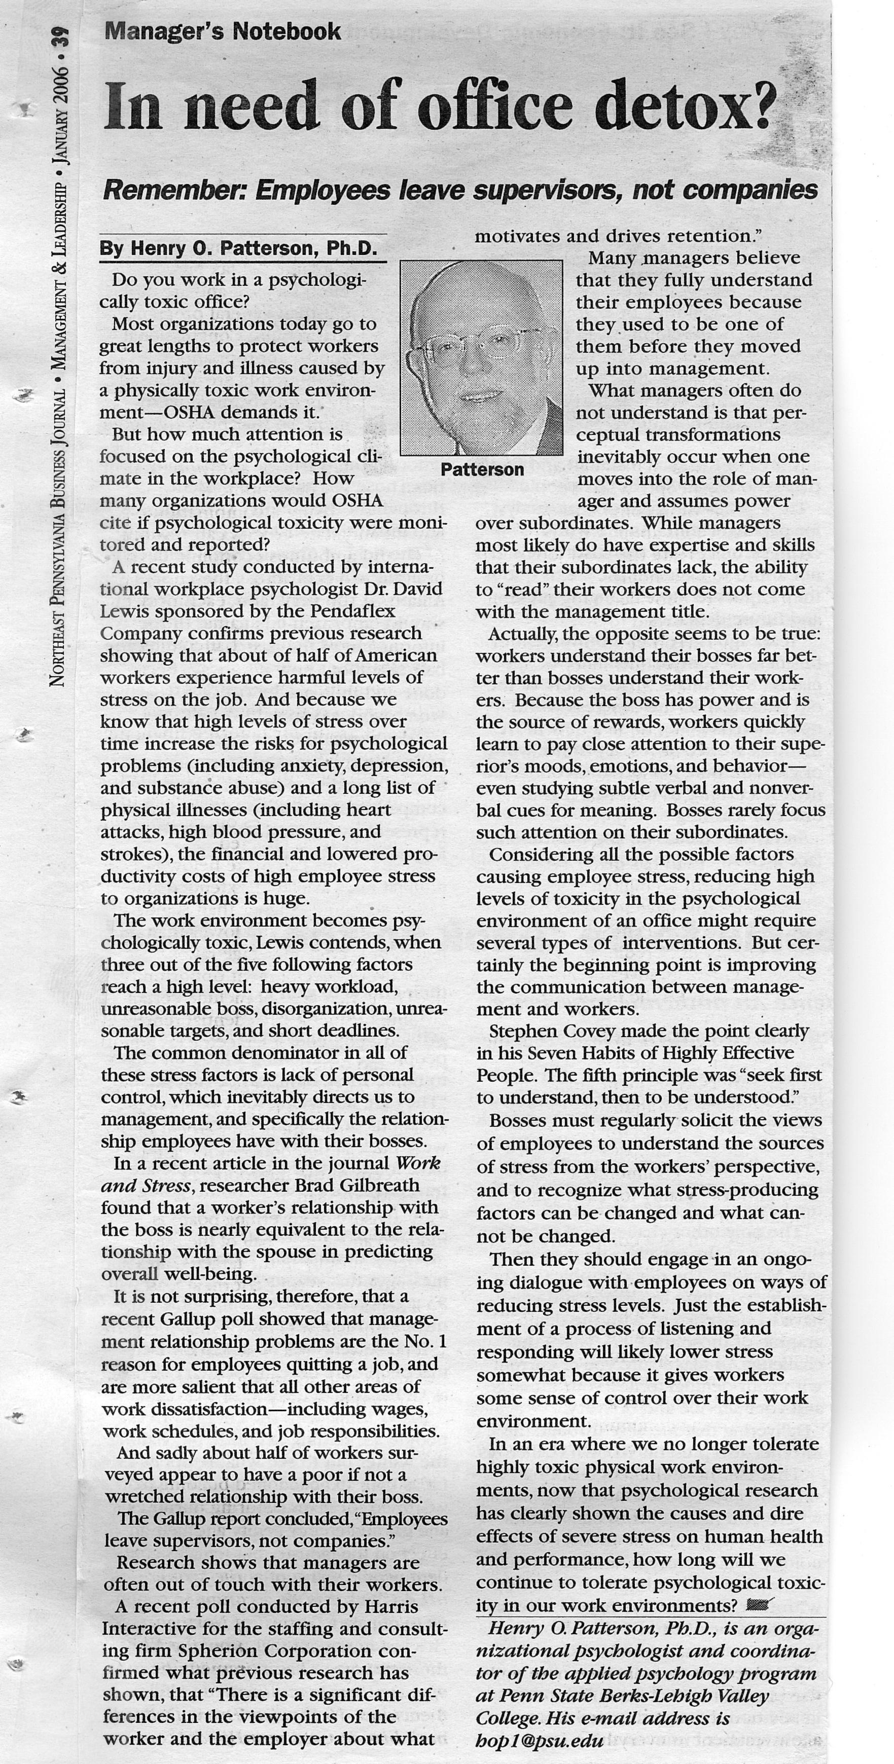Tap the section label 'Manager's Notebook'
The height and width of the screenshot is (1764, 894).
coord(222,31)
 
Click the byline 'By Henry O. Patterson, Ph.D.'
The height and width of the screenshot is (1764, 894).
coord(238,248)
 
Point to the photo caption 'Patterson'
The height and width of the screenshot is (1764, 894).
coord(482,470)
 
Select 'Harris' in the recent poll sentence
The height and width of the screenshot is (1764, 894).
coord(389,1606)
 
